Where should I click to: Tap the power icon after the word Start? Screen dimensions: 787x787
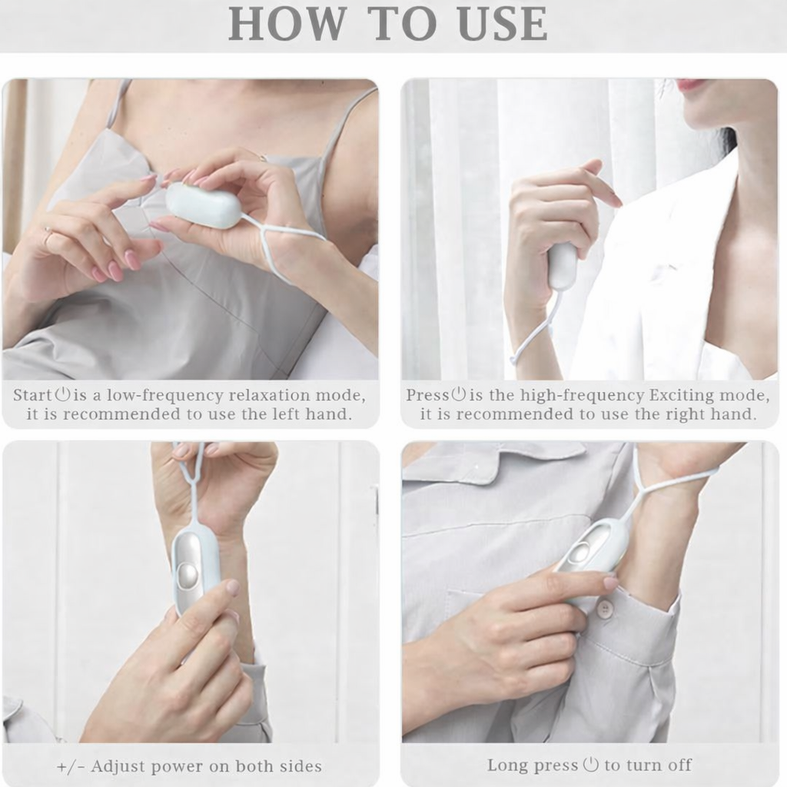tap(62, 394)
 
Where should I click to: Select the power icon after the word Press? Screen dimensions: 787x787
tap(458, 394)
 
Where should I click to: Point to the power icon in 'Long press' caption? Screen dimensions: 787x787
tap(591, 765)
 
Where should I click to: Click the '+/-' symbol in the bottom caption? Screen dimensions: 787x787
tap(71, 766)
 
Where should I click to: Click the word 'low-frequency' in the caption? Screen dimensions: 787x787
tap(164, 396)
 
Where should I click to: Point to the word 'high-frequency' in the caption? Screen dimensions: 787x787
tap(583, 396)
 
